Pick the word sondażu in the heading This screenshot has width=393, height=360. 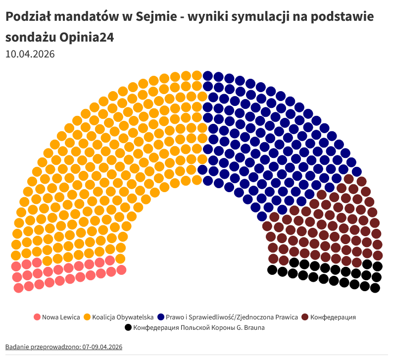click(x=29, y=37)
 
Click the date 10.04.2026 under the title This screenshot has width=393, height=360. click(x=30, y=53)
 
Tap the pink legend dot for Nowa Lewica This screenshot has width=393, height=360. click(x=37, y=317)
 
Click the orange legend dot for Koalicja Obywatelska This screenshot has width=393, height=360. click(x=87, y=317)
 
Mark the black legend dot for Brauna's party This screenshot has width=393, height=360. click(x=128, y=327)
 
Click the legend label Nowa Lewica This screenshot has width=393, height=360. click(x=61, y=317)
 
